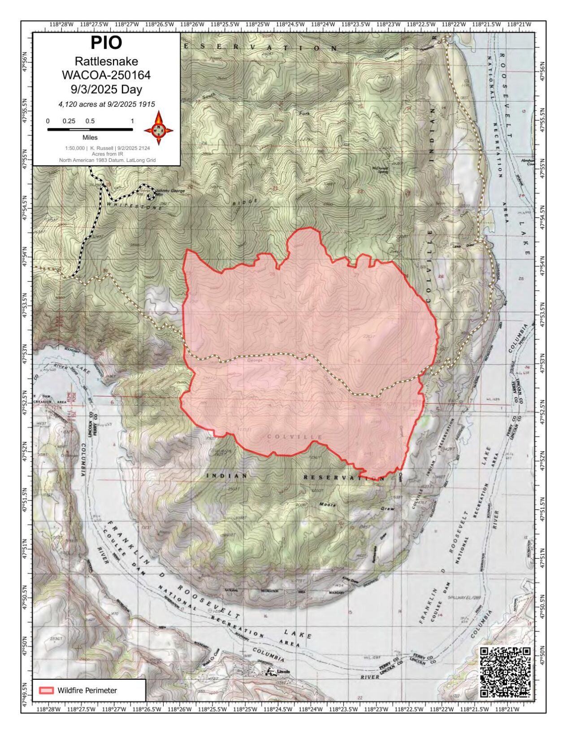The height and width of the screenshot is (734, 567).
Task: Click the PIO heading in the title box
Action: [x=106, y=43]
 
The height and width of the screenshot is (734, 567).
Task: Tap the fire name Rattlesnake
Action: [x=106, y=61]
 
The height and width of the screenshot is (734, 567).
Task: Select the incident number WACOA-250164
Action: [x=106, y=75]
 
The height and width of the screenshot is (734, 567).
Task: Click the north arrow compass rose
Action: [x=158, y=129]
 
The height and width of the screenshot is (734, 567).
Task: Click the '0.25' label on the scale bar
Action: [x=69, y=121]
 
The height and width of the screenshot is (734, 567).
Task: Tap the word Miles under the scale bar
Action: [x=90, y=138]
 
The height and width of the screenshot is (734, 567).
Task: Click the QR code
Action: [x=505, y=672]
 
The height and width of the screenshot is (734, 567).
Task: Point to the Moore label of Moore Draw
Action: [x=327, y=505]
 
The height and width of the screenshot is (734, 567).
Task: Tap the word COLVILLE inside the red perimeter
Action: [x=295, y=437]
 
